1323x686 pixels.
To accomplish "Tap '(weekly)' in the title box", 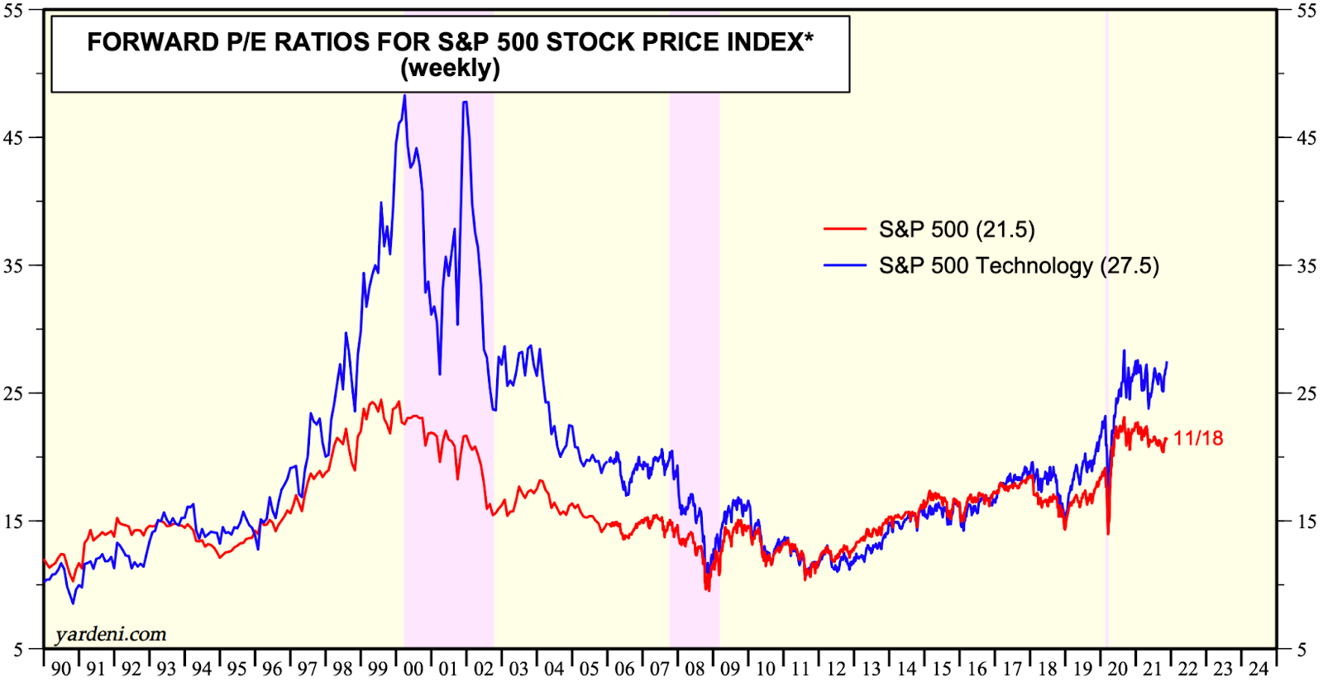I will pos(450,69).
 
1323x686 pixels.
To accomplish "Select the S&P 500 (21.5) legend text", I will pos(957,230).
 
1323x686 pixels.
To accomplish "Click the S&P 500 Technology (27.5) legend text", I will pos(1019,266).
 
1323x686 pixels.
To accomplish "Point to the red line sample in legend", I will pos(844,230).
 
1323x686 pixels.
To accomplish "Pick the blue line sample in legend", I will pos(844,266).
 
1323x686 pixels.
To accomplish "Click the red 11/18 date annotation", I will pos(1198,439).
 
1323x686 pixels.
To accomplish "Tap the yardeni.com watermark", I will pos(111,635).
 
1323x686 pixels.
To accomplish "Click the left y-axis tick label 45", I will pos(13,138).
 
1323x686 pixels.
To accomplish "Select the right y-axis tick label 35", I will pos(1306,266).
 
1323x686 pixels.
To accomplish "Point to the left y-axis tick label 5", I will pos(17,650).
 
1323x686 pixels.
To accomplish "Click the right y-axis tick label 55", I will pos(1306,11).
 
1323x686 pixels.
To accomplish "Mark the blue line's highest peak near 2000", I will pos(404,96).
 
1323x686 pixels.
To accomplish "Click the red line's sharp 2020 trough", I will pos(1108,533).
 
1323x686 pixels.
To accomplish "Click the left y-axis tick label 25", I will pos(13,393).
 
